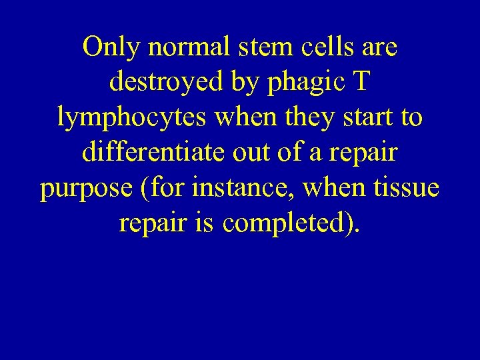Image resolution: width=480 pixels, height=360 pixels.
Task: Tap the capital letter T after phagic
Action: pos(361,83)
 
